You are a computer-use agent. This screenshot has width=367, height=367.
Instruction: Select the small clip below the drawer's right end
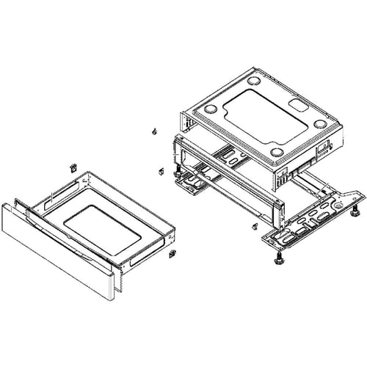point(172,254)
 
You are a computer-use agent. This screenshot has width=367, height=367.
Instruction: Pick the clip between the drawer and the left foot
point(161,172)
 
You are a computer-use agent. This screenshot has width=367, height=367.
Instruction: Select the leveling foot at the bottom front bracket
point(279,259)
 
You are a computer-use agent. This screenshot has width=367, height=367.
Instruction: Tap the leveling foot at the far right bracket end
point(355,214)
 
